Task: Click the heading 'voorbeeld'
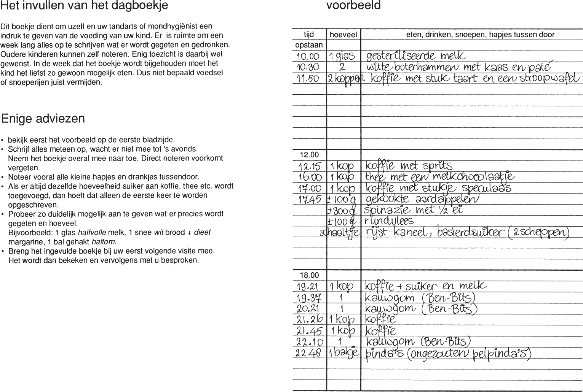(353, 6)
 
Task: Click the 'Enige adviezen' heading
(43, 119)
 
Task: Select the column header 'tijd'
(309, 35)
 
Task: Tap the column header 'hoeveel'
(343, 35)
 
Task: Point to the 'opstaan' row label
(309, 45)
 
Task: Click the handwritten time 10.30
(308, 67)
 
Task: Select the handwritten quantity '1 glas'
(342, 56)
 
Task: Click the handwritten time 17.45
(310, 199)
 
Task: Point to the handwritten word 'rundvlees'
(389, 221)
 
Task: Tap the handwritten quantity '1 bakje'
(343, 353)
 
